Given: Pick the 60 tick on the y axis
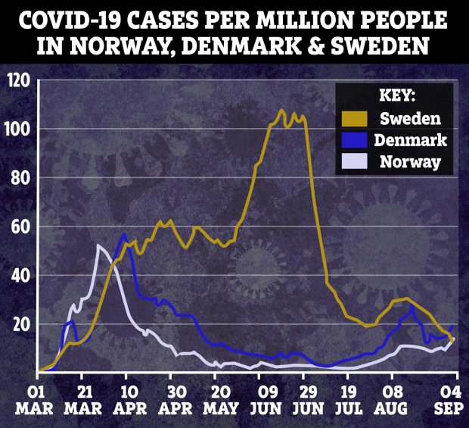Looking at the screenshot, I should (x=20, y=226).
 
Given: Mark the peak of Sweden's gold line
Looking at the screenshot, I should (x=282, y=111).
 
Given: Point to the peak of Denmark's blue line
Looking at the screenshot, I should (x=123, y=235).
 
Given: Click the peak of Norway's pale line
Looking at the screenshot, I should (x=98, y=245).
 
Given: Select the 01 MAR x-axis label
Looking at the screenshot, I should (x=35, y=401).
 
